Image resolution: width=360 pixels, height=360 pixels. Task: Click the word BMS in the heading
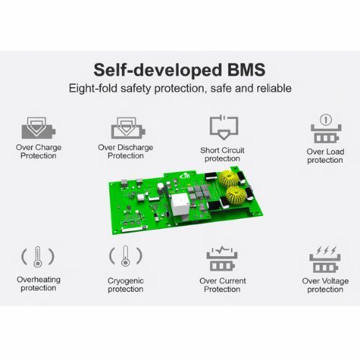click(246, 70)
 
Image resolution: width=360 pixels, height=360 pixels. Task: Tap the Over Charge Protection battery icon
click(38, 128)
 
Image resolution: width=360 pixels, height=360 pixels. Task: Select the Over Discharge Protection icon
click(128, 128)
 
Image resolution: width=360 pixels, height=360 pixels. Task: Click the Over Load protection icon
click(326, 129)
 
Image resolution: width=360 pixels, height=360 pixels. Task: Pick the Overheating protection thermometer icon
click(37, 256)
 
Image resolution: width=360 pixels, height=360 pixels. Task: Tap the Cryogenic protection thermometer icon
click(125, 256)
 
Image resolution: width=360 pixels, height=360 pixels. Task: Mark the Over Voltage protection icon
click(325, 260)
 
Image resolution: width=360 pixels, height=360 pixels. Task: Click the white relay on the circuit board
click(180, 204)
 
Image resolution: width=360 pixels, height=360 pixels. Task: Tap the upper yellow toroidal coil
click(228, 179)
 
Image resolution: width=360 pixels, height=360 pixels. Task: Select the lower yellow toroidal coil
click(236, 194)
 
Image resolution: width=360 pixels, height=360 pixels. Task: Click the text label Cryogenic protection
click(125, 285)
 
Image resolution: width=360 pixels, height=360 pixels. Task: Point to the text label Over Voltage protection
click(325, 285)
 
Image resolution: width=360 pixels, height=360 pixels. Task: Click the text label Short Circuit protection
click(222, 154)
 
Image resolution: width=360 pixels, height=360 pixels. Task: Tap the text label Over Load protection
click(325, 156)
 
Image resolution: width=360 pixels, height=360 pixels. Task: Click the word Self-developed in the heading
click(158, 71)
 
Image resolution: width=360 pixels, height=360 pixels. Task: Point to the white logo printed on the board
click(184, 176)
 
